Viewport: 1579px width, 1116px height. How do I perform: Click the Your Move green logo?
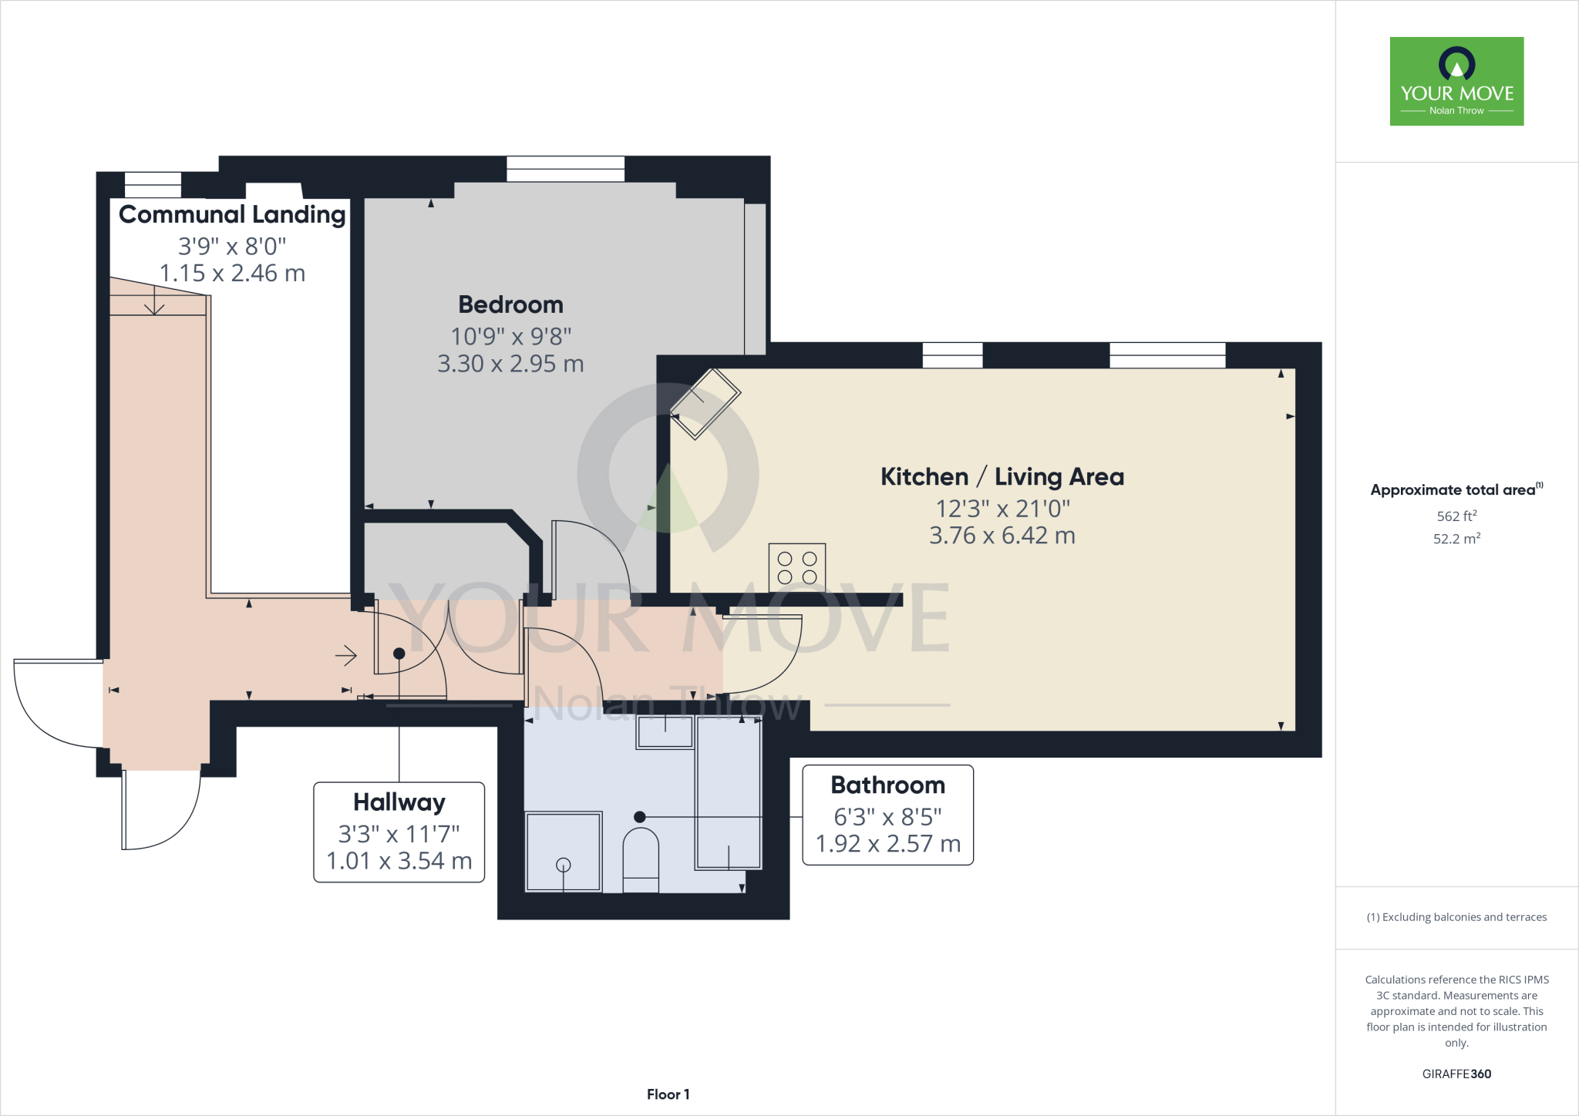click(1456, 81)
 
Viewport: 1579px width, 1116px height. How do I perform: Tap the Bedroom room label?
click(510, 304)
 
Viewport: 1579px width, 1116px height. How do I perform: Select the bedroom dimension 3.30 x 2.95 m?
click(510, 364)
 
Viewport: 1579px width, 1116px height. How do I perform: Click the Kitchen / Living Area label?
click(1002, 477)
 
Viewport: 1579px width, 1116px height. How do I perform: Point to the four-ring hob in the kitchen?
click(797, 568)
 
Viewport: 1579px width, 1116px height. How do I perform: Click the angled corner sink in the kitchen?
click(705, 404)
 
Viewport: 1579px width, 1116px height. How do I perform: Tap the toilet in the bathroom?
click(641, 859)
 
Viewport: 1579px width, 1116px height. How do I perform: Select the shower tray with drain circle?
click(564, 852)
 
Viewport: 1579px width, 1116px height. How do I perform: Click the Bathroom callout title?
click(887, 785)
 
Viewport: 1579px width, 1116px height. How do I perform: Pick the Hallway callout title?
click(399, 802)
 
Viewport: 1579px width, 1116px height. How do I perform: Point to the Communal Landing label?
click(232, 214)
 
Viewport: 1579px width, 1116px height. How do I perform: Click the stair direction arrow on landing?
click(154, 301)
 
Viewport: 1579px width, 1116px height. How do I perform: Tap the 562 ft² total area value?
click(1456, 516)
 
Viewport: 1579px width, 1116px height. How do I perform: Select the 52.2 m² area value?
click(1456, 539)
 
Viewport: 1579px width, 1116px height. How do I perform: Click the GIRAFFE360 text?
click(1456, 1074)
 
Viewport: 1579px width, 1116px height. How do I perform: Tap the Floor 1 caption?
click(668, 1094)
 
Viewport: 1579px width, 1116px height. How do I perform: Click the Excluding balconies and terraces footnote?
click(1456, 917)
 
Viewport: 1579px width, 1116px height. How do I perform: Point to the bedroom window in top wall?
click(565, 169)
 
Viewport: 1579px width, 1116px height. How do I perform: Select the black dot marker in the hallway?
click(399, 654)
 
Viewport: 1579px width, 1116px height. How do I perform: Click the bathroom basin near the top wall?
click(665, 732)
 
